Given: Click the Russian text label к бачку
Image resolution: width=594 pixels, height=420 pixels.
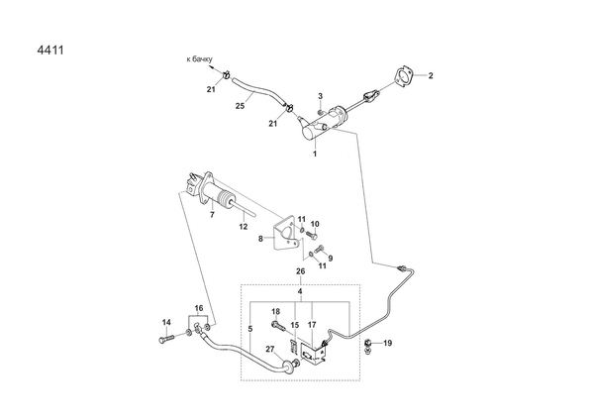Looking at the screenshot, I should (204, 59).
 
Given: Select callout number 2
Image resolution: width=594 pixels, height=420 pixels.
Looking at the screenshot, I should (431, 75).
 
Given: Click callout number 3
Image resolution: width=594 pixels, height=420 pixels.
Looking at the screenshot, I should (321, 95).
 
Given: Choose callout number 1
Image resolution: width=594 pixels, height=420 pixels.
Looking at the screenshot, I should (315, 155).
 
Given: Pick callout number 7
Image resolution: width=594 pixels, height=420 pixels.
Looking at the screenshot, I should (211, 213).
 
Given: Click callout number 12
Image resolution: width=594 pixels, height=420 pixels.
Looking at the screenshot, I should (244, 226).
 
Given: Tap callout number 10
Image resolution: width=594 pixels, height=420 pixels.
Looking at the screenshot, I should (316, 225).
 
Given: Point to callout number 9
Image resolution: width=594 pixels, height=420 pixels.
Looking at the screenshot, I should (330, 259).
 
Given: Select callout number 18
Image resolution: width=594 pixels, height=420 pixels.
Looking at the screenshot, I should (276, 312).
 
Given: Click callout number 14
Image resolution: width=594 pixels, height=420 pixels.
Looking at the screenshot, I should (166, 322).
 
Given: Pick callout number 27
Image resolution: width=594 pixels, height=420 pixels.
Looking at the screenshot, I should (269, 349).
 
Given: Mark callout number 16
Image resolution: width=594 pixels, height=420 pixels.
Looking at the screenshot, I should (198, 309).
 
